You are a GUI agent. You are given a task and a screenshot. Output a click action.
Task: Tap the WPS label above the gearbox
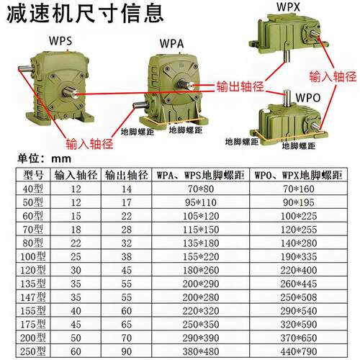tap(60, 41)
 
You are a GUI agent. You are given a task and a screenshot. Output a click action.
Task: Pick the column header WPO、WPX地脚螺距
tap(300, 175)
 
